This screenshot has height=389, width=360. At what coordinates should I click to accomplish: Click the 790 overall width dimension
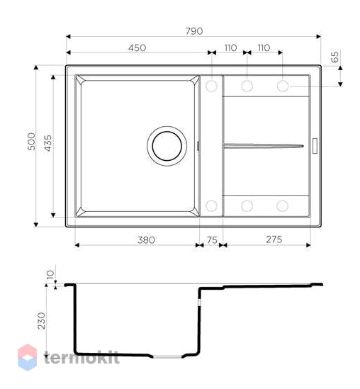click(x=194, y=31)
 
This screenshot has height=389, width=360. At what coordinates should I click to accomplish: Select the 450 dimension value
click(x=137, y=47)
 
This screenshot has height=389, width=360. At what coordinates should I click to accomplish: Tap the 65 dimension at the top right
click(x=334, y=57)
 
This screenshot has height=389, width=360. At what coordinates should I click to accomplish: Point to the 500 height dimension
click(x=31, y=142)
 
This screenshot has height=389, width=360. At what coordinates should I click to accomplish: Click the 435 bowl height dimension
click(x=48, y=143)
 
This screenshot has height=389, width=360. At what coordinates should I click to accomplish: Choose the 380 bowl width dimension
click(x=146, y=240)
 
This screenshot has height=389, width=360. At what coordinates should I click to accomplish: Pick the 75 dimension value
click(x=212, y=240)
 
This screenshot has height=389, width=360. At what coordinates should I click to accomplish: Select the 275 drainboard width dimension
click(x=274, y=239)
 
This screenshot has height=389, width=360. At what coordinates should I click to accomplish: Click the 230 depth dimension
click(x=41, y=321)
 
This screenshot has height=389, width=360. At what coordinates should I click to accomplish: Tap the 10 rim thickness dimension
click(x=50, y=275)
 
